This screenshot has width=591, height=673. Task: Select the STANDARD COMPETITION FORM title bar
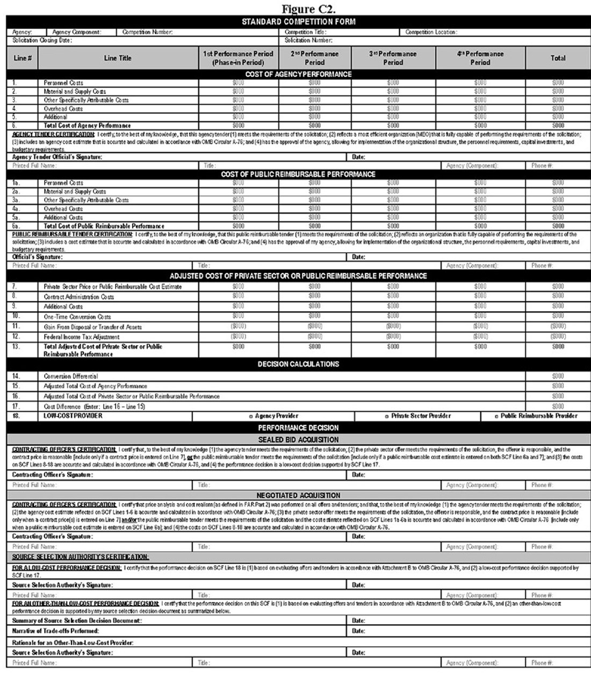coord(298,21)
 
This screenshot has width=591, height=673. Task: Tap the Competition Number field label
coord(147,32)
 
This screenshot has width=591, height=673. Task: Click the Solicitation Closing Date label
coord(42,40)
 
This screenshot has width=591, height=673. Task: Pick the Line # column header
coord(22,58)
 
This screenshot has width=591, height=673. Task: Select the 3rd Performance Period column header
coord(393,58)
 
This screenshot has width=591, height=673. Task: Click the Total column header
coord(558,58)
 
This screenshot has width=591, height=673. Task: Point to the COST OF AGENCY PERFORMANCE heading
coord(298,74)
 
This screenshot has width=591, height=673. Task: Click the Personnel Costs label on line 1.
coord(63,83)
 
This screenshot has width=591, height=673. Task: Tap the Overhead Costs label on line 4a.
coord(63,209)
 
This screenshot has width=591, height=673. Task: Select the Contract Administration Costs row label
coord(79,297)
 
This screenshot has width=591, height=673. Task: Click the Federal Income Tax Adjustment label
coord(82,337)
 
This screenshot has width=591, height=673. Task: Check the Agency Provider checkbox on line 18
coord(251,416)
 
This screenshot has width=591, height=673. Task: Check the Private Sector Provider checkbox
coord(387,416)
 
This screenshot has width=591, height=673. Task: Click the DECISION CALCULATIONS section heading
coord(298,364)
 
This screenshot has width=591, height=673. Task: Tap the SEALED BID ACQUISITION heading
coord(298,440)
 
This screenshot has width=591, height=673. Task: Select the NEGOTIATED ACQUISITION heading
coord(298,495)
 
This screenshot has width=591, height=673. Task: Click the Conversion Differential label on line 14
coord(71,377)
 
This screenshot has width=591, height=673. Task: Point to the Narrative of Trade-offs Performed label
coord(55,631)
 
